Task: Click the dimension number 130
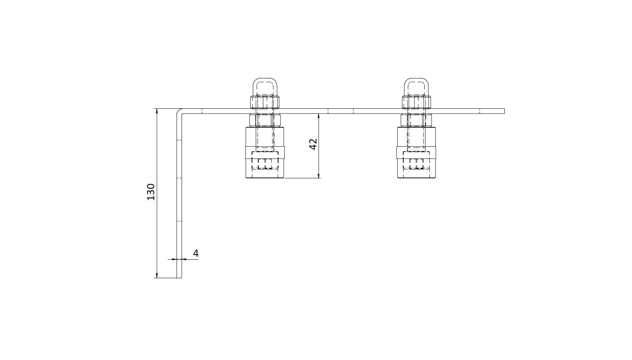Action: coord(151,192)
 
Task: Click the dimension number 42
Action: coord(313,144)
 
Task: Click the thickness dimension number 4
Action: coord(195,253)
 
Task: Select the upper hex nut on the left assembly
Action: coord(265,102)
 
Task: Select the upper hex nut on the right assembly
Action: coord(416,102)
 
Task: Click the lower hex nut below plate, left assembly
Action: coord(265,120)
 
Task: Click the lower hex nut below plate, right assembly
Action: coord(416,120)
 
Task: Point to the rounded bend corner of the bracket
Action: coord(179,111)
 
